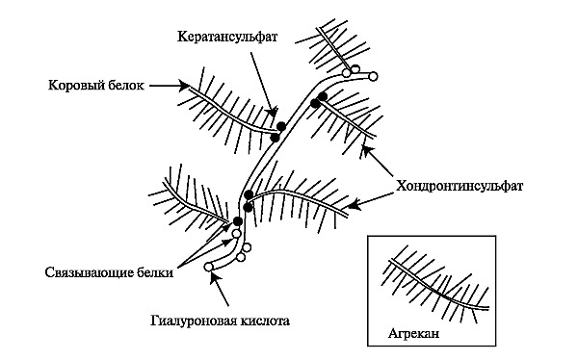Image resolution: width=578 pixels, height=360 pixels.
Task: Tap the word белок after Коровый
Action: [x=124, y=85]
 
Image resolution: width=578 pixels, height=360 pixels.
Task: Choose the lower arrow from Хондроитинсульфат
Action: [x=371, y=198]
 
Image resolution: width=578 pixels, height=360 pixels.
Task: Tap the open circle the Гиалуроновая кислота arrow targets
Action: [x=209, y=279]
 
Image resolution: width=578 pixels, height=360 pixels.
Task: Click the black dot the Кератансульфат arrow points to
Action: [x=281, y=126]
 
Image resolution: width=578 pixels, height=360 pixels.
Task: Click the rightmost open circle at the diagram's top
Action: [x=374, y=75]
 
